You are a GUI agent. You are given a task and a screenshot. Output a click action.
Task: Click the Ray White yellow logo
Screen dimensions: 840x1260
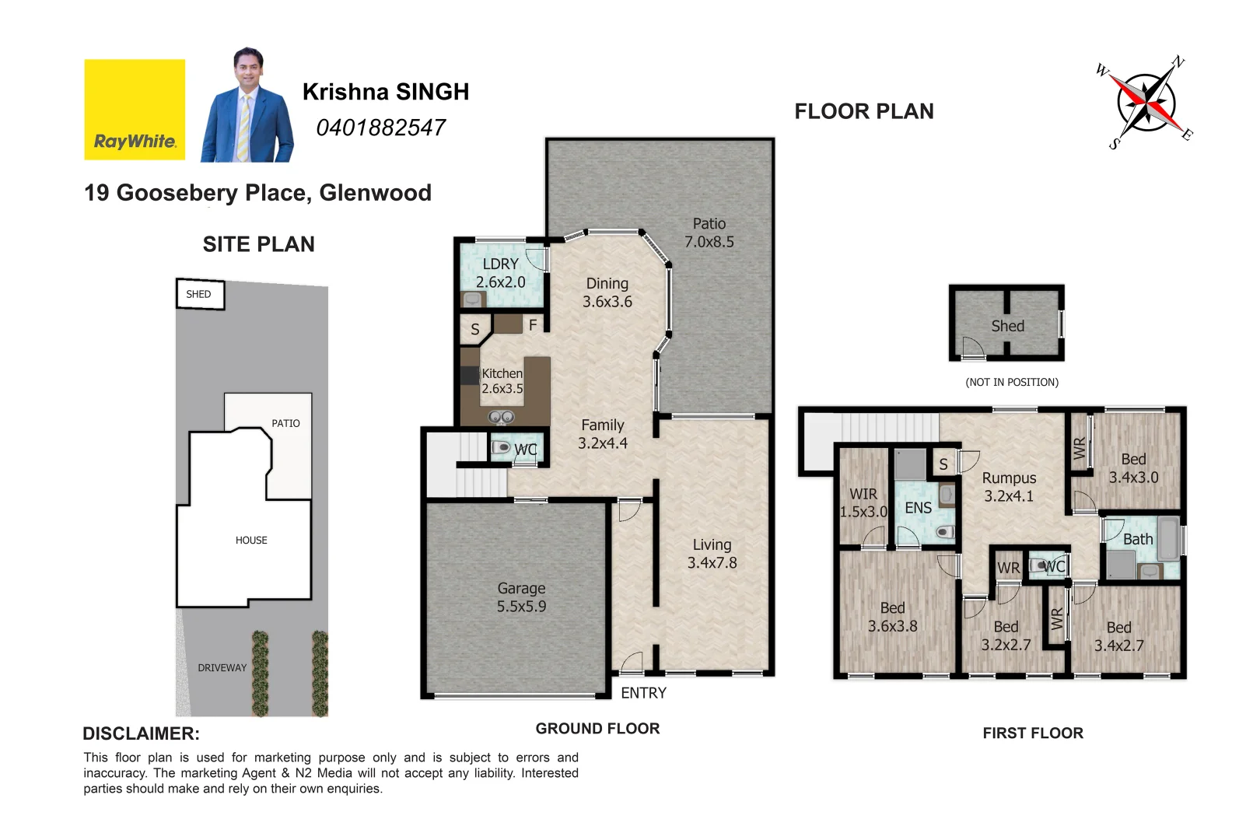pos(135,110)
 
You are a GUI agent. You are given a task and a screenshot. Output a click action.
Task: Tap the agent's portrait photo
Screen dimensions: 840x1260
pos(247,107)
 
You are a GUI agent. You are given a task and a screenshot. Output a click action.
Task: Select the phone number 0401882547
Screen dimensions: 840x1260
pos(380,128)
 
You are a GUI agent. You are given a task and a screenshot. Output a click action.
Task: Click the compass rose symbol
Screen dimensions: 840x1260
pos(1146,103)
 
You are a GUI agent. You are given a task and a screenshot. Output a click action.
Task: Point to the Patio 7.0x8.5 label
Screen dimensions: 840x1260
pos(709,233)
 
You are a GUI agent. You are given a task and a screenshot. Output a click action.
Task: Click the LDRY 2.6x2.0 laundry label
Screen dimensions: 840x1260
pos(500,273)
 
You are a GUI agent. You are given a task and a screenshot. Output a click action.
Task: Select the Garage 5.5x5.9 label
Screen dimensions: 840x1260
pos(521,597)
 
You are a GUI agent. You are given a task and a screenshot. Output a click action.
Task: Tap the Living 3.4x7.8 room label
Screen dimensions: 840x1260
pos(712,554)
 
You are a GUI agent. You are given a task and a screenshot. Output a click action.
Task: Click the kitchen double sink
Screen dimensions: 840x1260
pos(501,418)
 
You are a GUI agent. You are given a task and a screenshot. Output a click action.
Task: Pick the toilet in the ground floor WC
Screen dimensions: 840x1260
pos(501,448)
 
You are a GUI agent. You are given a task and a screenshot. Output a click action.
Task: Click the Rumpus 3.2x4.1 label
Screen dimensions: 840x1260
pos(1009,487)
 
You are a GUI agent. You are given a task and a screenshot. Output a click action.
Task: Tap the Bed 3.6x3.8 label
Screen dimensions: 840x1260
pos(892,617)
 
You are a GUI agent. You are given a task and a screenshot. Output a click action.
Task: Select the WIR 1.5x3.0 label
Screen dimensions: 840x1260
pos(863,502)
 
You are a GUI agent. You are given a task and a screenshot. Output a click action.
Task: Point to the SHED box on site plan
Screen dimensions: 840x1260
pos(200,294)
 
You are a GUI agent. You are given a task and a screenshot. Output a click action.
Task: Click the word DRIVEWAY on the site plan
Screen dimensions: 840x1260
pos(222,667)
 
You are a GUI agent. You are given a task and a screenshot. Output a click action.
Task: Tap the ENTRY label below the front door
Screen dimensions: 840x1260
pos(643,693)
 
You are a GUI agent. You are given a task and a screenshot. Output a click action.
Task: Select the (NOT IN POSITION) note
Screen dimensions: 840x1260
pos(1011,382)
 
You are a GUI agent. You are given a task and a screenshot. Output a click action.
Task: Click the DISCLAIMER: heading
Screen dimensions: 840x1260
pos(141,733)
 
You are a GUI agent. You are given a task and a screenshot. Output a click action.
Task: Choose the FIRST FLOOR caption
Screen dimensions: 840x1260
pos(1032,733)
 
